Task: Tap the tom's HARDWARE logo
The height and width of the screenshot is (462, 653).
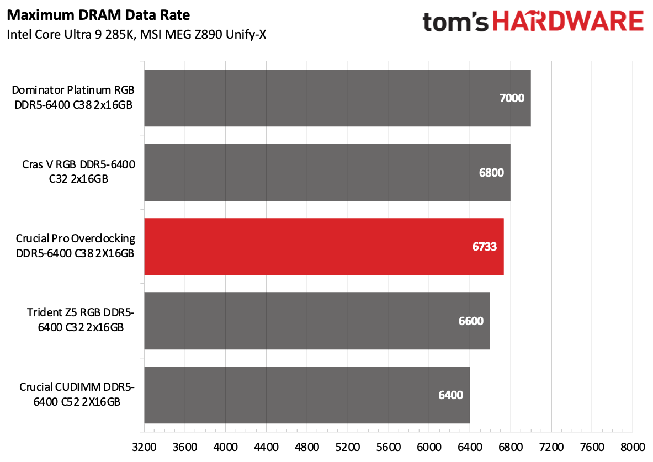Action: click(x=532, y=22)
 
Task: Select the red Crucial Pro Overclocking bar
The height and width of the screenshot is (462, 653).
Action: click(x=323, y=247)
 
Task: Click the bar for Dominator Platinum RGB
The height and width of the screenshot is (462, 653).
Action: click(x=337, y=98)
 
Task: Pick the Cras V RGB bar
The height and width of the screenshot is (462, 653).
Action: click(x=327, y=172)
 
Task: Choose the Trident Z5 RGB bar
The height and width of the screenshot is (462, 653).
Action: click(x=317, y=321)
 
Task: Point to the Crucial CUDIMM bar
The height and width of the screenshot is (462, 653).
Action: click(x=307, y=395)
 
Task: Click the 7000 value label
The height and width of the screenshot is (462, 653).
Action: click(x=511, y=98)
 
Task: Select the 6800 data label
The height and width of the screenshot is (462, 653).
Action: click(x=491, y=172)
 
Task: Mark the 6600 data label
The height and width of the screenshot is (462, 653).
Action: click(x=470, y=321)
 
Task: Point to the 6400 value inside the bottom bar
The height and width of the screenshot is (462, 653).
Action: click(x=450, y=395)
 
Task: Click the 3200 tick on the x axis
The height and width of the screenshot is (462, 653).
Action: click(x=144, y=445)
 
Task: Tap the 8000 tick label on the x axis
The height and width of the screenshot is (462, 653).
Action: click(x=632, y=445)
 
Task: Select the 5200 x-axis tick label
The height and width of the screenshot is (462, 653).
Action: click(x=348, y=445)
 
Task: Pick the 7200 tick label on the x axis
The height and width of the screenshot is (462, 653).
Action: click(x=551, y=445)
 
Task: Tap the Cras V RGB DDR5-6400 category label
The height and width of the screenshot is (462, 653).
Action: click(x=78, y=172)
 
